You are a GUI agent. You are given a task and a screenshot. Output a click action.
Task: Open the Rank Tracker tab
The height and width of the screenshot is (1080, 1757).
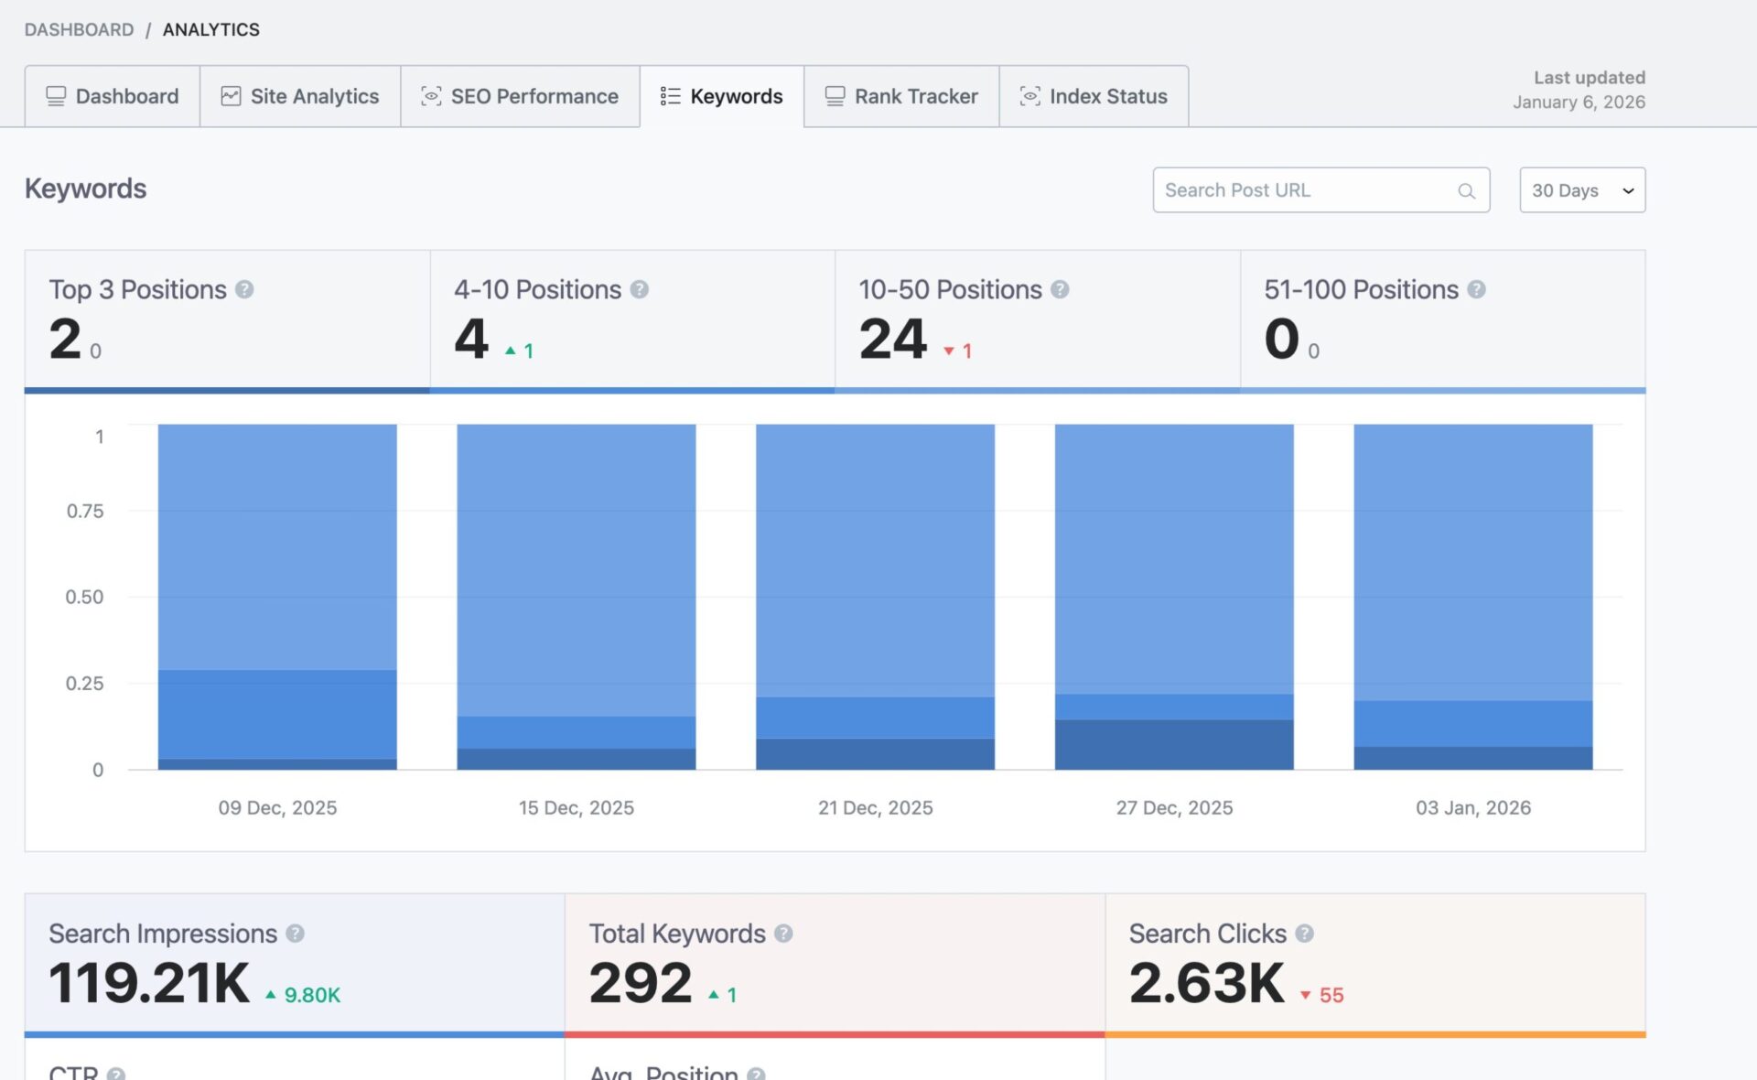pos(901,96)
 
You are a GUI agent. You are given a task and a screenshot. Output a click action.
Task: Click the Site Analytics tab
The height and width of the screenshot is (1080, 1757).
pos(300,96)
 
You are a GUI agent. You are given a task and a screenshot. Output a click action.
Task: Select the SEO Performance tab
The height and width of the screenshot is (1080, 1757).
pos(520,96)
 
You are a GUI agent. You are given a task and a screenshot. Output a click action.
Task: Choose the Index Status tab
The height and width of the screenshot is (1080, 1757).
pos(1094,96)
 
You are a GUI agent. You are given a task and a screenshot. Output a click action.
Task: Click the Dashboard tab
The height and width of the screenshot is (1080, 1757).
pos(113,96)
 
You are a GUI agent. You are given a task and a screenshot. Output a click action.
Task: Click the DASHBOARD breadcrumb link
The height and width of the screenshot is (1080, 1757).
pos(79,29)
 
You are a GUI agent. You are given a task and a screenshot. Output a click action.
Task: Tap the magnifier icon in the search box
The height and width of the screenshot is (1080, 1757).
pos(1466,191)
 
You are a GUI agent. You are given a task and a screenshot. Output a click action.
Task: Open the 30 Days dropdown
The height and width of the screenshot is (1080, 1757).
pos(1582,190)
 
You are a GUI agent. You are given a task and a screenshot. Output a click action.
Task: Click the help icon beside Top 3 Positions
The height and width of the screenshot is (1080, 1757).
pos(244,290)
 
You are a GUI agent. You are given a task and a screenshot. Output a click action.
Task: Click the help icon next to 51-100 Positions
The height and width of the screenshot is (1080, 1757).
pos(1476,290)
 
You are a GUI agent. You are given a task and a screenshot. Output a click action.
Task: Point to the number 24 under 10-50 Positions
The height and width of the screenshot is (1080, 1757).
pos(893,340)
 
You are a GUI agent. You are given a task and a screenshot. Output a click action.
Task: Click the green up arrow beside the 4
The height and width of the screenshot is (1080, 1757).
pos(511,351)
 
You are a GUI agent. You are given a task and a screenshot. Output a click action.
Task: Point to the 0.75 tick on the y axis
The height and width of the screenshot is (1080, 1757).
pos(85,511)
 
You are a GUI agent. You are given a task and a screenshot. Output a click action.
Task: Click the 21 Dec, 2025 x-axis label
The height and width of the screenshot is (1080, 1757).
pos(875,807)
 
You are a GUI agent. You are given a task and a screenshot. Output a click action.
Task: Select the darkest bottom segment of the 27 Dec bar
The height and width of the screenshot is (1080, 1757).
pos(1174,744)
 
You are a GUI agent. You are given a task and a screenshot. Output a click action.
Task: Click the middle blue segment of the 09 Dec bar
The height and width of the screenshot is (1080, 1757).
pos(277,714)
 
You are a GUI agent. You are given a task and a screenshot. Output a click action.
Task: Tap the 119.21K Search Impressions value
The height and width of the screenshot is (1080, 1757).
pos(149,983)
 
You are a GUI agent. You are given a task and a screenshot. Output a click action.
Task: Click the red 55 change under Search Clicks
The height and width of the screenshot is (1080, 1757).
pos(1331,995)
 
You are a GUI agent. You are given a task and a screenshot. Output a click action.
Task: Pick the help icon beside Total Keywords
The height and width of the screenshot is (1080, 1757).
pos(783,934)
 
